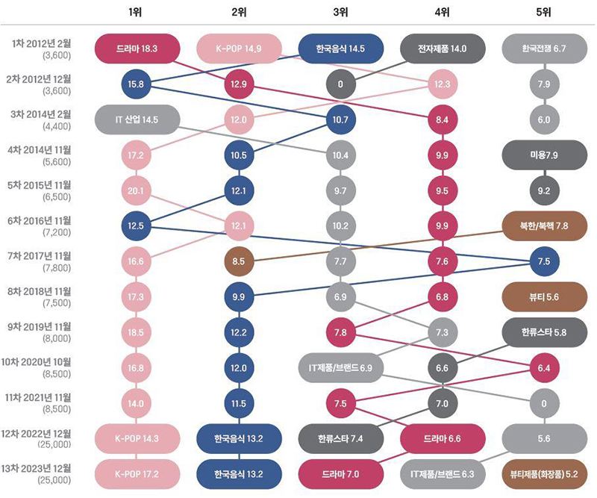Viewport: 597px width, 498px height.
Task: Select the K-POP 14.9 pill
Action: (x=239, y=49)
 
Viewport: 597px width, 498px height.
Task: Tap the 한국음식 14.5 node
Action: (x=340, y=49)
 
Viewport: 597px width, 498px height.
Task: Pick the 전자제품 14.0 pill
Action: (x=442, y=49)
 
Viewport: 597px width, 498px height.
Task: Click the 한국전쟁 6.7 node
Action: (x=545, y=49)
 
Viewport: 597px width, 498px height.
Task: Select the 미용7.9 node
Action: (x=545, y=155)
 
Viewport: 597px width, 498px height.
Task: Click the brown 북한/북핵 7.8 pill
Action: (x=545, y=225)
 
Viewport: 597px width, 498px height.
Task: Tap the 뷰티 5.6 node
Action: (x=545, y=296)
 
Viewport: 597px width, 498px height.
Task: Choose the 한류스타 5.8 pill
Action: (x=545, y=332)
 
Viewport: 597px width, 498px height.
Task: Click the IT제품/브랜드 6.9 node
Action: (x=340, y=367)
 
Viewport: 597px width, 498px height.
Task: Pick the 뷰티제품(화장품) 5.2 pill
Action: (x=545, y=473)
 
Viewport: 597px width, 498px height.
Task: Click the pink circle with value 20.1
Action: (x=137, y=190)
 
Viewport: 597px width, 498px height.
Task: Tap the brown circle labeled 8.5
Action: (x=239, y=261)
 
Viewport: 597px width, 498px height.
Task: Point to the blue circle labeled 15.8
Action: (x=137, y=84)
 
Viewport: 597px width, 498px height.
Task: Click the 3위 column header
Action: (x=340, y=12)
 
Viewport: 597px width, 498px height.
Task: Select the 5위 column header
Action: (x=544, y=12)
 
